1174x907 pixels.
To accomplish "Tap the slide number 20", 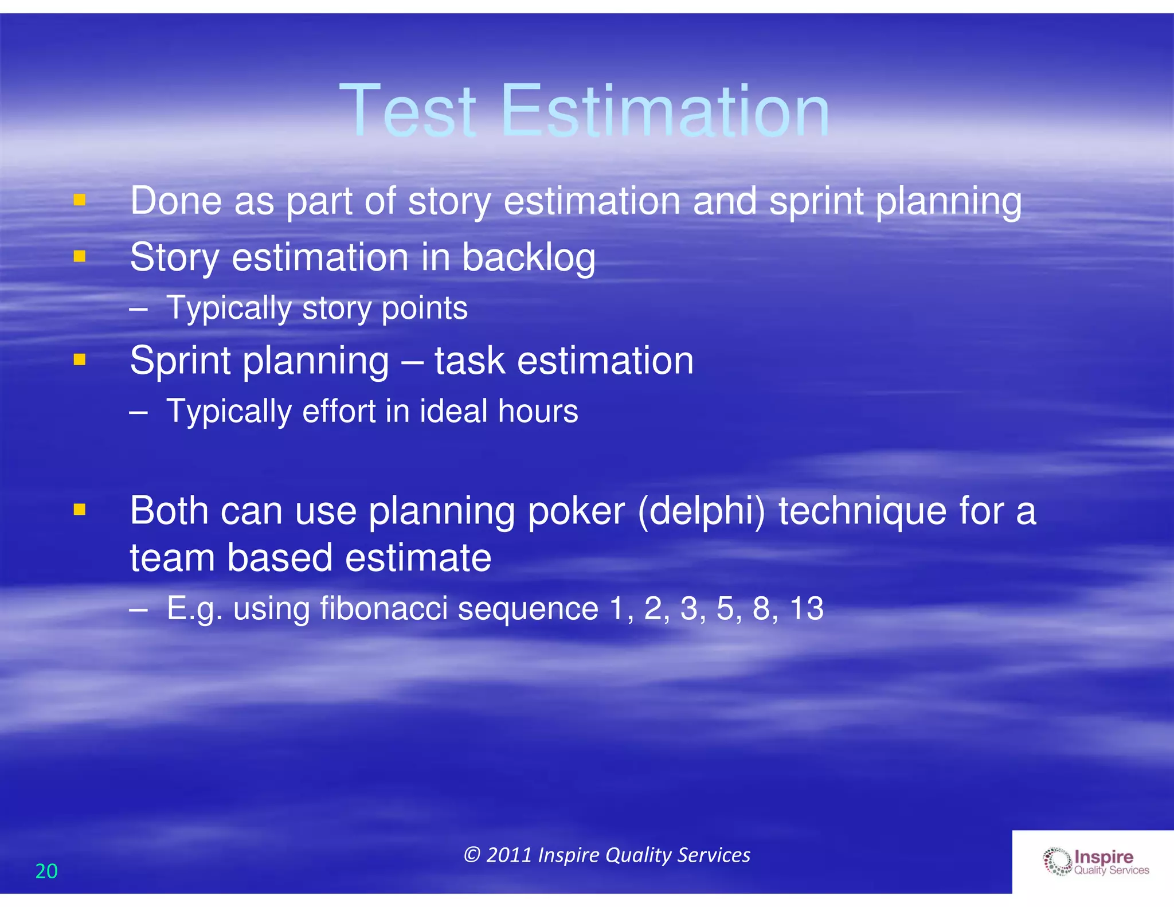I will [x=46, y=871].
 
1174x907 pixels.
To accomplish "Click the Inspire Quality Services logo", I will [x=1095, y=862].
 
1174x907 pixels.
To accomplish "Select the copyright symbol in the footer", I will [x=471, y=855].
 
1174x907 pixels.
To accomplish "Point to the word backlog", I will [x=528, y=257].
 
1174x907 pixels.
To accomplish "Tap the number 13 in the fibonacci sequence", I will [x=806, y=608].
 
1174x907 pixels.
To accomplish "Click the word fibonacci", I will [x=383, y=608].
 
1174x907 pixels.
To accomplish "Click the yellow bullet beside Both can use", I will [x=80, y=509].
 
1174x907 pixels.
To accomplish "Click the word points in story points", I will [x=424, y=308].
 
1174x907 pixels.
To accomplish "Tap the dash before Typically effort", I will [x=138, y=412].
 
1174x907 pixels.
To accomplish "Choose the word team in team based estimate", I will [x=173, y=557].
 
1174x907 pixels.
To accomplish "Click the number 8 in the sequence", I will [x=761, y=608].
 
